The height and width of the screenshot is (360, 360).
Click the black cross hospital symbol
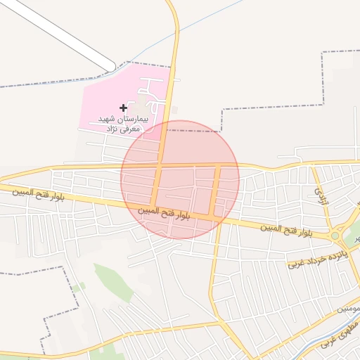pyautogui.click(x=124, y=108)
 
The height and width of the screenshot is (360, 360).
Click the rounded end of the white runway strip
pyautogui.click(x=111, y=67)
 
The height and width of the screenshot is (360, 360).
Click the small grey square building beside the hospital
pyautogui.click(x=174, y=110)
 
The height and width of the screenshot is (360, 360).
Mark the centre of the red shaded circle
pyautogui.click(x=180, y=179)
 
